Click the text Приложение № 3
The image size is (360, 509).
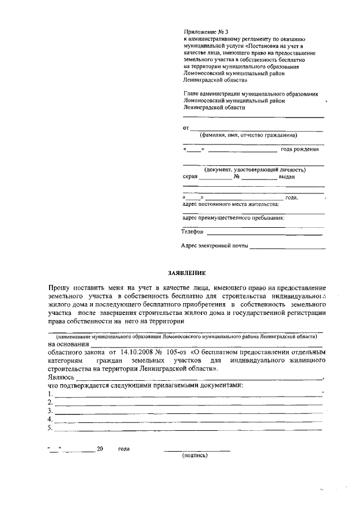pyautogui.click(x=206, y=32)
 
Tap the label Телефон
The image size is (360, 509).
pyautogui.click(x=192, y=232)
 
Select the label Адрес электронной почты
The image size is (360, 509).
pyautogui.click(x=214, y=246)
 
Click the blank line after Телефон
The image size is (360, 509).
pyautogui.click(x=264, y=233)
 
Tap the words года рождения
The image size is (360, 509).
pyautogui.click(x=300, y=149)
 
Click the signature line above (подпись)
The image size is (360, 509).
pyautogui.click(x=197, y=450)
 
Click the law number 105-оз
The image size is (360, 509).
pyautogui.click(x=177, y=352)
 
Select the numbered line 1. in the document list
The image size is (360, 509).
pyautogui.click(x=186, y=395)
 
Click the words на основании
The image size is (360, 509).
pyautogui.click(x=69, y=344)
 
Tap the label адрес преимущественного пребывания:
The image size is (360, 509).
pyautogui.click(x=233, y=218)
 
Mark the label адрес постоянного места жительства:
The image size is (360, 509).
pyautogui.click(x=231, y=204)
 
